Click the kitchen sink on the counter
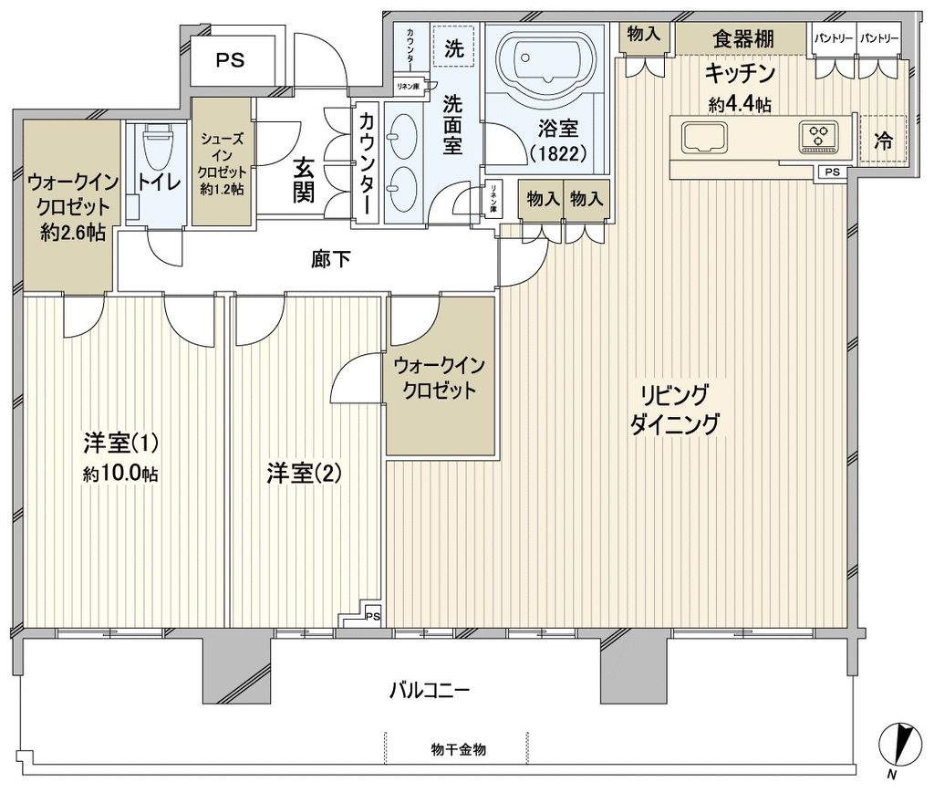pos(700,137)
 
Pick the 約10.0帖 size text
pos(119,475)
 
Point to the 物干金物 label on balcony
pos(458,749)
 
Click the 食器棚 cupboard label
pos(743,38)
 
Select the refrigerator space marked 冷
pos(883,141)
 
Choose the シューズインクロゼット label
pos(222,161)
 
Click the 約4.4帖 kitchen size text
pos(740,104)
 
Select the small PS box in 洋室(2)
pos(372,616)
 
